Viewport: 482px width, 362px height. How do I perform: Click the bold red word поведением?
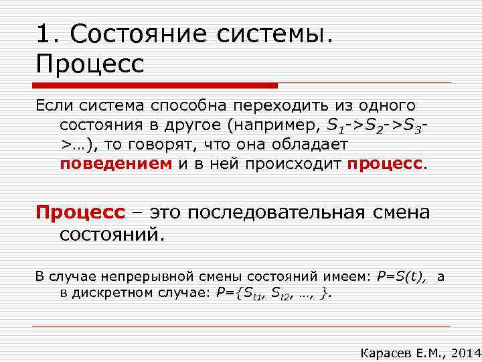[116, 164]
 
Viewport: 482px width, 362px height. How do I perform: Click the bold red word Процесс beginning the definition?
[80, 213]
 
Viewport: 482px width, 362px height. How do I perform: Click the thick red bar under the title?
[157, 86]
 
